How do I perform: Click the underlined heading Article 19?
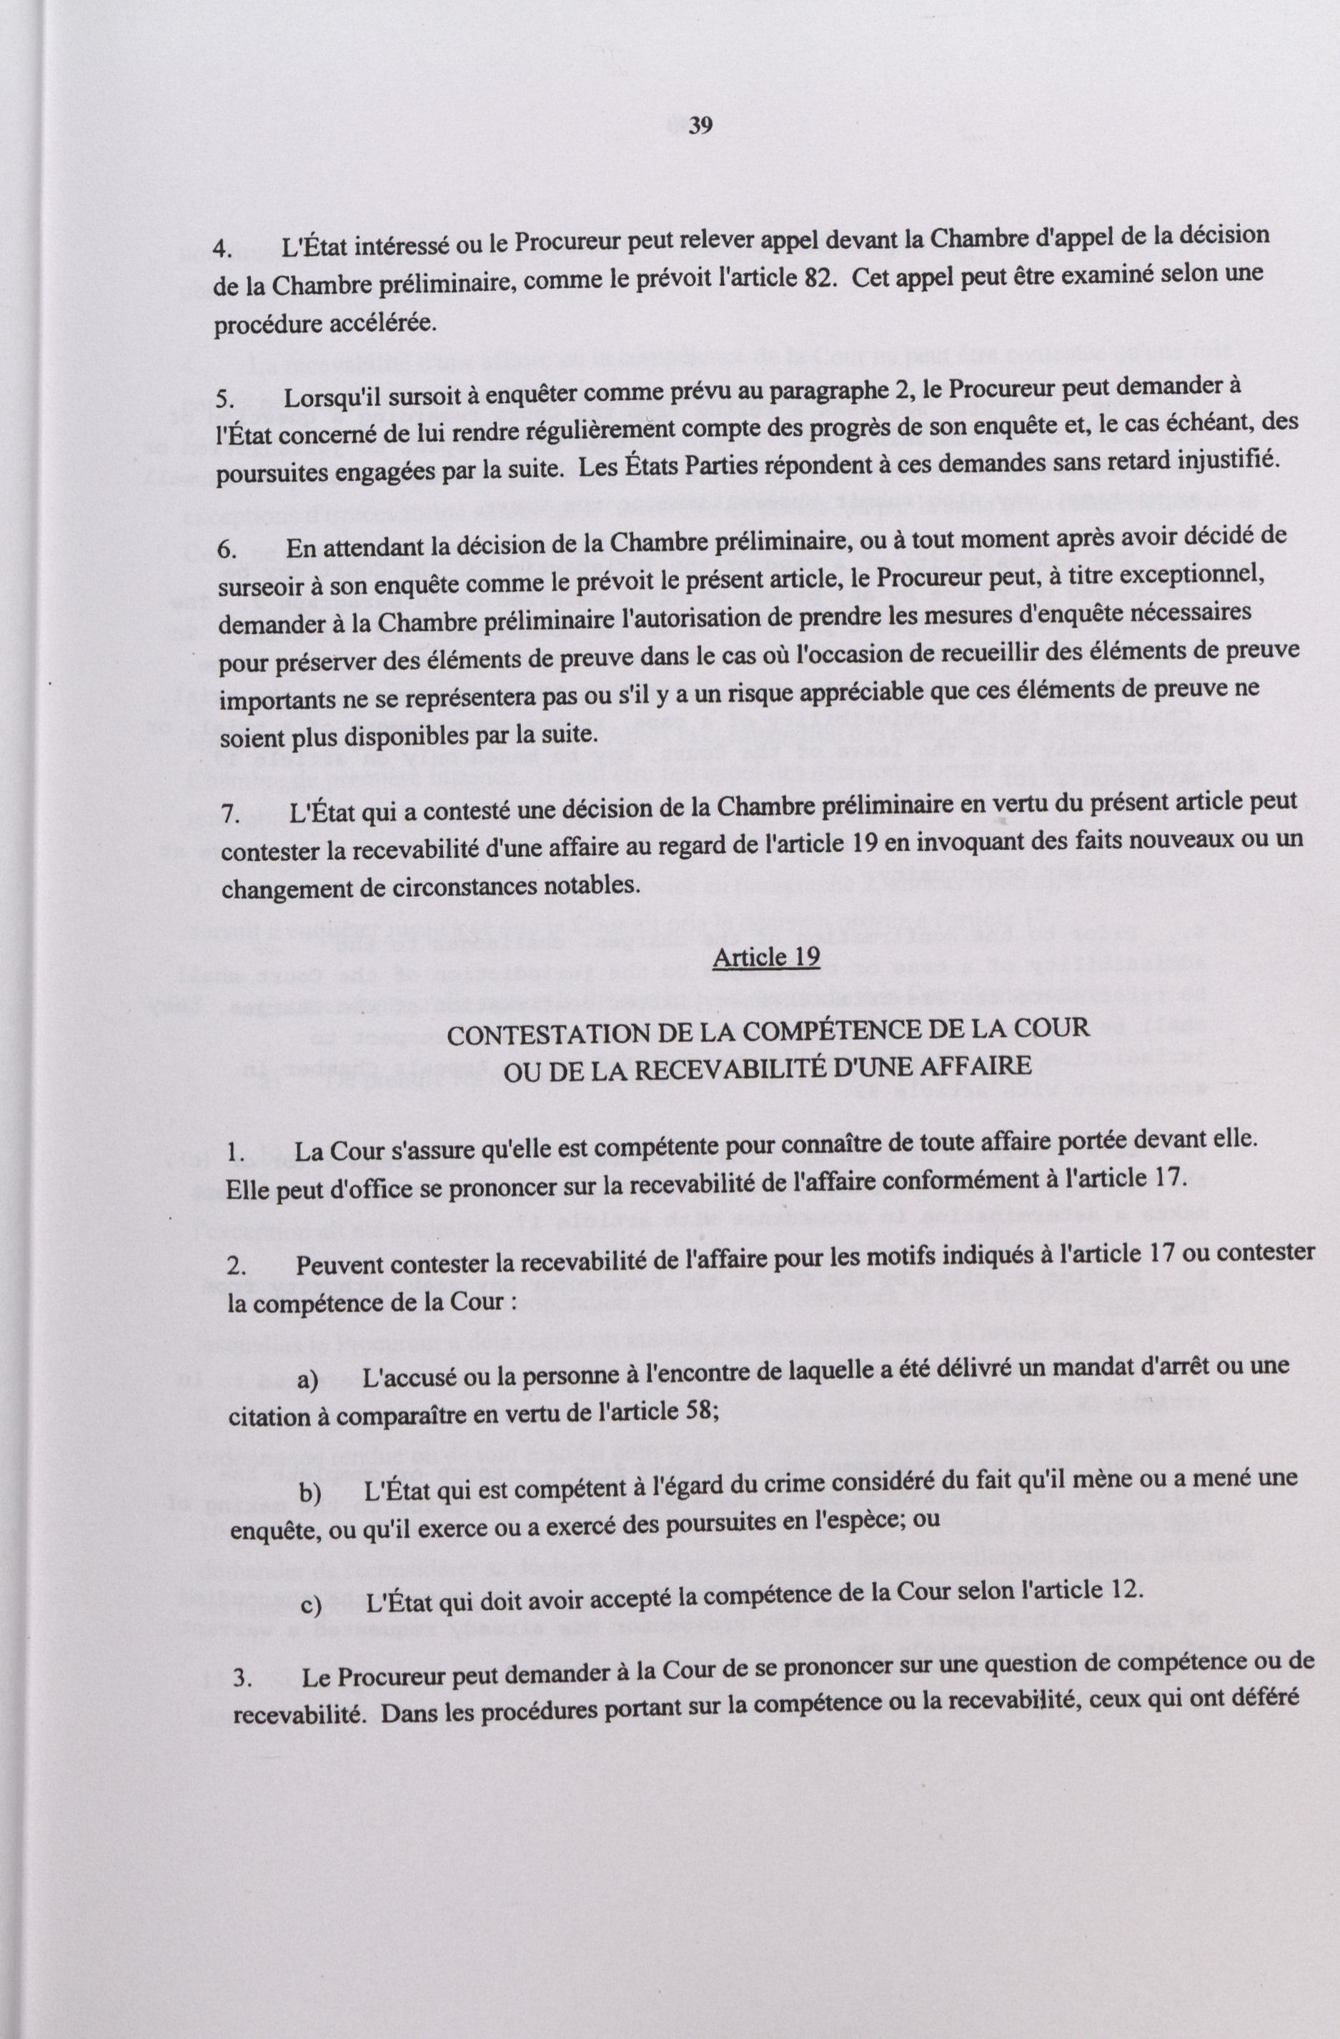(766, 956)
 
